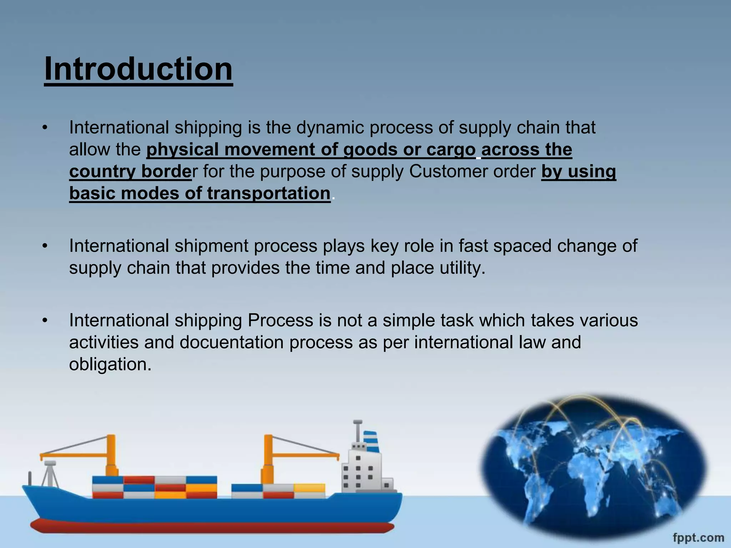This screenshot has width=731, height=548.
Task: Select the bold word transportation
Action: point(268,193)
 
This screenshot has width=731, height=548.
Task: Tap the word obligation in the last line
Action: point(110,364)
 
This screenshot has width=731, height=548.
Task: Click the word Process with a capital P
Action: point(280,320)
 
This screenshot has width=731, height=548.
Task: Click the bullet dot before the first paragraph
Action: point(45,128)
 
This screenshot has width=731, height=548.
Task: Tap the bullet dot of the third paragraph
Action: point(45,321)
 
